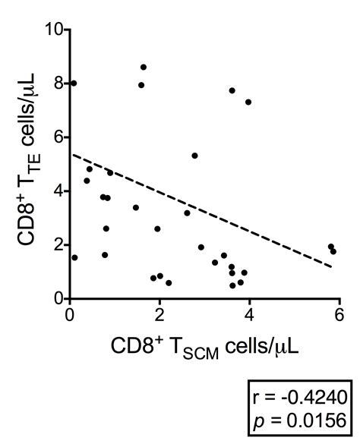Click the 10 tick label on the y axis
(x=53, y=30)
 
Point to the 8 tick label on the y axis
(x=58, y=84)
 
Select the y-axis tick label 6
(x=58, y=138)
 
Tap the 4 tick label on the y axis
(x=58, y=191)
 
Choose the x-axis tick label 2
(x=159, y=314)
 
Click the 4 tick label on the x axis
(x=249, y=314)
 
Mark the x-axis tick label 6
(x=339, y=314)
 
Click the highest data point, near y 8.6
(x=143, y=68)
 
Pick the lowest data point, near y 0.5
(x=232, y=285)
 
